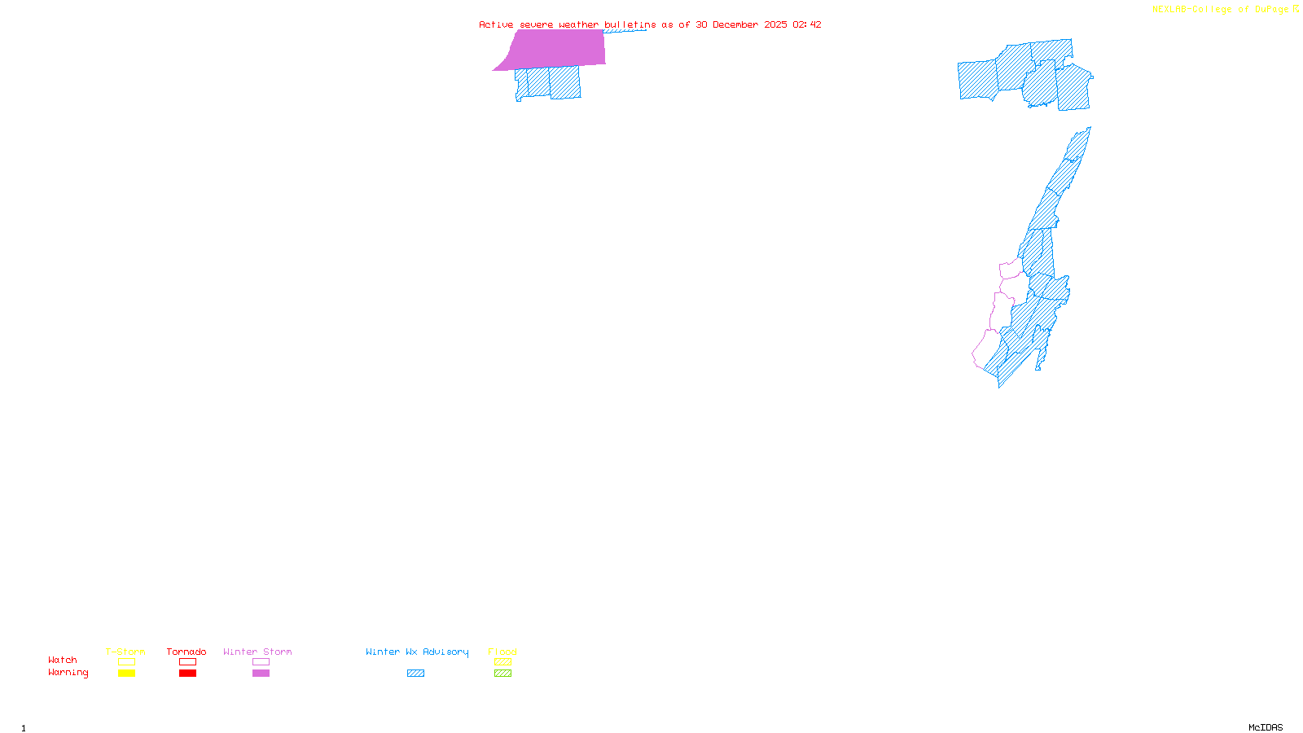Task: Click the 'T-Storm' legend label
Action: point(125,652)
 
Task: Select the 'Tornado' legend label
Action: point(186,652)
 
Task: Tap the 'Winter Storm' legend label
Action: point(257,652)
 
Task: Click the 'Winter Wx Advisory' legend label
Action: point(417,652)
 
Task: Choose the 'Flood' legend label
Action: point(502,652)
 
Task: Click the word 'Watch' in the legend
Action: point(63,660)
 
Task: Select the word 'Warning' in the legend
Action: point(68,673)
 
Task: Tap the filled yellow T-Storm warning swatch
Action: point(126,674)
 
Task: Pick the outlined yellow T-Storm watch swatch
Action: point(126,662)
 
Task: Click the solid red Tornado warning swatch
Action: point(187,674)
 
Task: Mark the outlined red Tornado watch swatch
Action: point(187,662)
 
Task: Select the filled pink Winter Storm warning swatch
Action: point(261,674)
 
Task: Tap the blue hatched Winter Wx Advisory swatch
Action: point(415,674)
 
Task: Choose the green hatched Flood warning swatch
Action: point(502,674)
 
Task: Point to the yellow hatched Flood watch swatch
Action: point(502,662)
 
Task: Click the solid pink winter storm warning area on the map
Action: point(558,49)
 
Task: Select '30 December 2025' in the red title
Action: point(741,24)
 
